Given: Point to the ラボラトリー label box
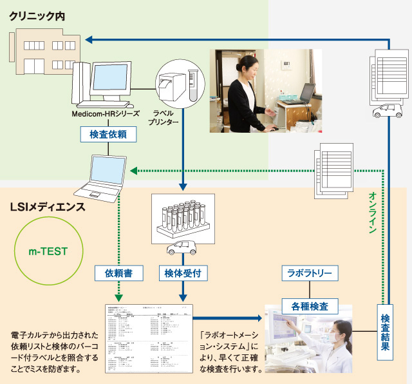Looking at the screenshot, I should click(309, 273).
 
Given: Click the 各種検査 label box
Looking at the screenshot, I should click(309, 304).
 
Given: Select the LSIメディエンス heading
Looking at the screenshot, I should click(48, 207).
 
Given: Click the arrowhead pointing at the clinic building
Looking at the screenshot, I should click(91, 40).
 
